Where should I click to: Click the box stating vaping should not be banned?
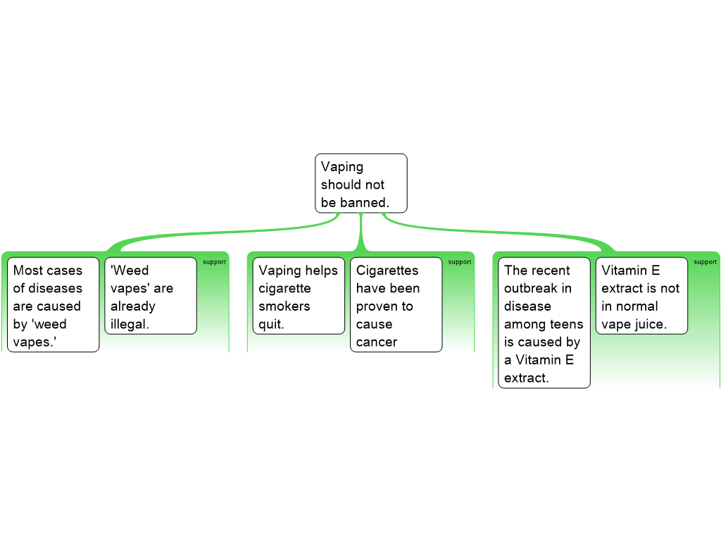[360, 183]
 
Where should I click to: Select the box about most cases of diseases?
[53, 304]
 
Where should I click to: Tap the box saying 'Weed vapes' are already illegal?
[150, 296]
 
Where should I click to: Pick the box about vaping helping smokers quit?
[299, 296]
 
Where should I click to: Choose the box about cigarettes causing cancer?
[396, 304]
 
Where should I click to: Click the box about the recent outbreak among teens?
[544, 323]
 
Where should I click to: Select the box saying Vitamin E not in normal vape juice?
[641, 296]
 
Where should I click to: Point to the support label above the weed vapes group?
[214, 262]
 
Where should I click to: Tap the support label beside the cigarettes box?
[460, 262]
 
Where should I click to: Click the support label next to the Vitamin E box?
[706, 262]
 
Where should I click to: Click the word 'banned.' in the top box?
[365, 203]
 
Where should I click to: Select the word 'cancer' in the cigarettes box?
[377, 342]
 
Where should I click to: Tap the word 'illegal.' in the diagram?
[130, 325]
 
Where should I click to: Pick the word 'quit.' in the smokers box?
[272, 325]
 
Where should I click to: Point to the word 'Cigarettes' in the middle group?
[387, 270]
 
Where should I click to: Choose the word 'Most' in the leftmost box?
[28, 270]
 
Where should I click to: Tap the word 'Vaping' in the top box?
[342, 167]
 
